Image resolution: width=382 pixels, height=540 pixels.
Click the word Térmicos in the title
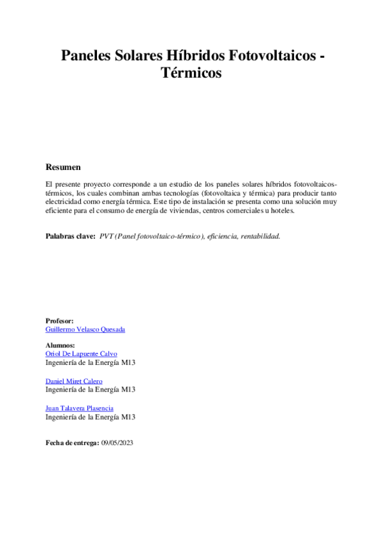(191, 73)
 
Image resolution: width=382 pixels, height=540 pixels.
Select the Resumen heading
(63, 167)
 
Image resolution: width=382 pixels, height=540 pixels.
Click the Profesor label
(60, 320)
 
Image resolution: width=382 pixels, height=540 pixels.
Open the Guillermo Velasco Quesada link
(85, 329)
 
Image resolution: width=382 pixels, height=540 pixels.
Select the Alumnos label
(60, 345)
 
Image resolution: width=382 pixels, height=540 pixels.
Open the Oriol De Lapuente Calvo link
(82, 353)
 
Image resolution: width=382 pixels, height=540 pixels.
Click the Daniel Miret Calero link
(74, 381)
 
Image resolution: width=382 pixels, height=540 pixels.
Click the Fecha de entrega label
(72, 442)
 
